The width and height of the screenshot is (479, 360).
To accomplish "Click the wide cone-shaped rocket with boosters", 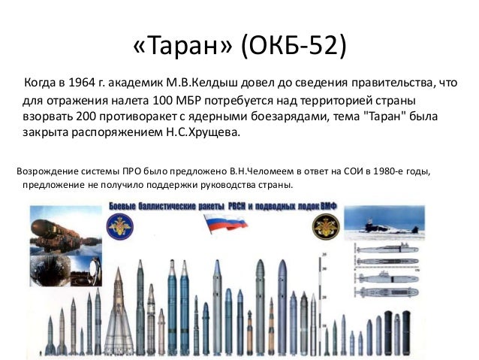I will pyautogui.click(x=118, y=316).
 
